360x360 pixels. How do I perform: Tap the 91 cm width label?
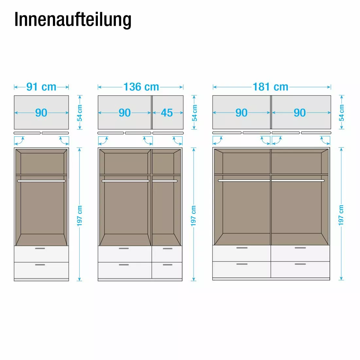[x=41, y=87]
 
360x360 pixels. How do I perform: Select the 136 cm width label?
[x=141, y=87]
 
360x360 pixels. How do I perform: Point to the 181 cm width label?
[x=270, y=87]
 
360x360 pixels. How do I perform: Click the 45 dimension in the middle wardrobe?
[x=167, y=113]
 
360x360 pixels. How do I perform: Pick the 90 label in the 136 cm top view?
[x=125, y=113]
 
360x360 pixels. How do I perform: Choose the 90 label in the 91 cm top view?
[x=41, y=113]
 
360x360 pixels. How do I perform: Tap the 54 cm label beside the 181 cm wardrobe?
[x=342, y=113]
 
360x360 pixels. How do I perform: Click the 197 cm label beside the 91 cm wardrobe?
[x=80, y=216]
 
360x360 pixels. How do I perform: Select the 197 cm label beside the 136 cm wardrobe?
[x=193, y=216]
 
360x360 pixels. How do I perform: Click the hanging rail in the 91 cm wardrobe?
[x=41, y=181]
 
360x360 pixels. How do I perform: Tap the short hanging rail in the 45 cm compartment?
[x=165, y=181]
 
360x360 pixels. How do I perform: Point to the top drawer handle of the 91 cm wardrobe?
[x=40, y=249]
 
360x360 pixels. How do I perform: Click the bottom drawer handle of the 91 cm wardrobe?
[x=40, y=265]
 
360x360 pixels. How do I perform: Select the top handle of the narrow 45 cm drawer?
[x=167, y=249]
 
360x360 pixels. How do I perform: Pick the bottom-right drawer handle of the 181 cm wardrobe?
[x=300, y=264]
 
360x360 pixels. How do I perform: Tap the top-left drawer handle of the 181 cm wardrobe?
[x=242, y=248]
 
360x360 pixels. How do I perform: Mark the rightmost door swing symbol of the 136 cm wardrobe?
[x=178, y=141]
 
